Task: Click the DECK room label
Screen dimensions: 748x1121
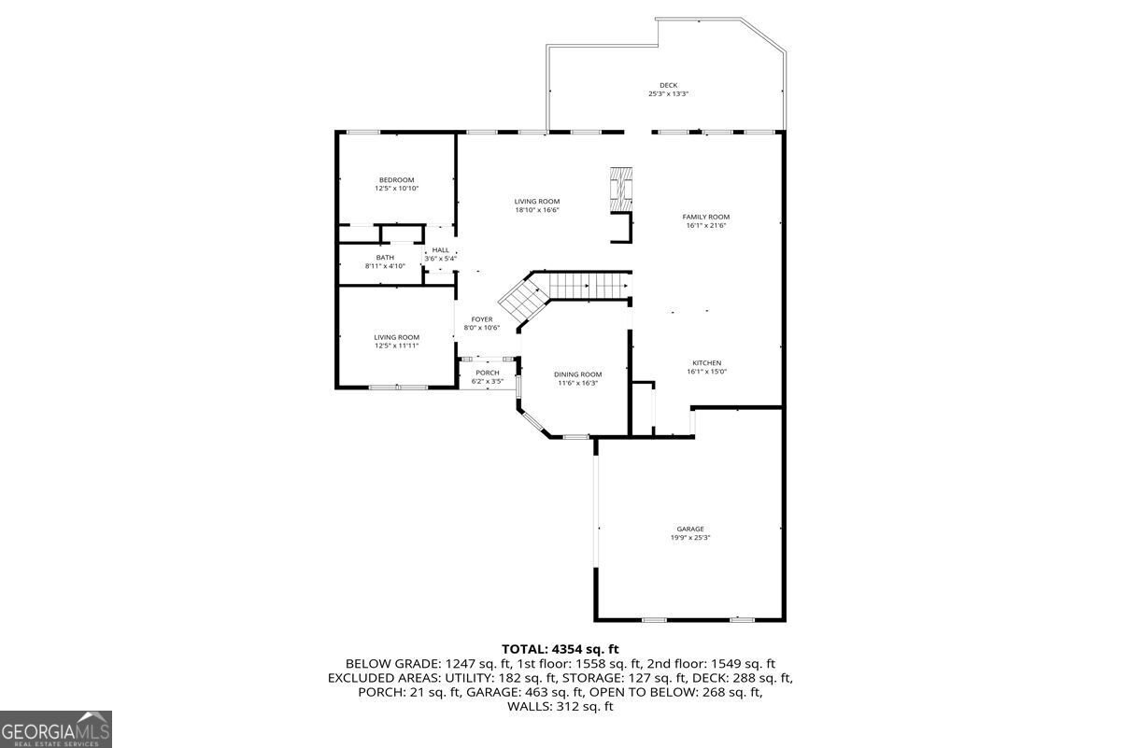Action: coord(668,85)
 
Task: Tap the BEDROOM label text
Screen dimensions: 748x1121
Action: coord(396,180)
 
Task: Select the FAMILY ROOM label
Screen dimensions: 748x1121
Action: coord(705,217)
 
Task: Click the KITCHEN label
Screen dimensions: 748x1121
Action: coord(706,363)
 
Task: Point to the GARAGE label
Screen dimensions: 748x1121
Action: coord(690,529)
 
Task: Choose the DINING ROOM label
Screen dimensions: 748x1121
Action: coord(578,374)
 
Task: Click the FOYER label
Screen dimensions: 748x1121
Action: coord(482,319)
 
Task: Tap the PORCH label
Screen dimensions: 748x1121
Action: coord(487,374)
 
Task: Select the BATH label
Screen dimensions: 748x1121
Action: coord(385,258)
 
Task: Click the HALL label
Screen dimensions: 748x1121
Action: coord(440,250)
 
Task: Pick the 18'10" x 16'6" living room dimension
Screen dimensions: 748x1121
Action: coord(537,210)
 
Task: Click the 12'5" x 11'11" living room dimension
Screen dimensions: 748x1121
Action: coord(396,346)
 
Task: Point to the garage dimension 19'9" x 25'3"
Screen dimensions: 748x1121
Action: coord(690,538)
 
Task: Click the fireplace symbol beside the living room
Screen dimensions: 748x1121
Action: coord(621,190)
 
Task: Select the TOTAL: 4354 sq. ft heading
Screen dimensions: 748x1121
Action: coord(560,649)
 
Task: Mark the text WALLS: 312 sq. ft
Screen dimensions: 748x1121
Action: coord(560,707)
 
